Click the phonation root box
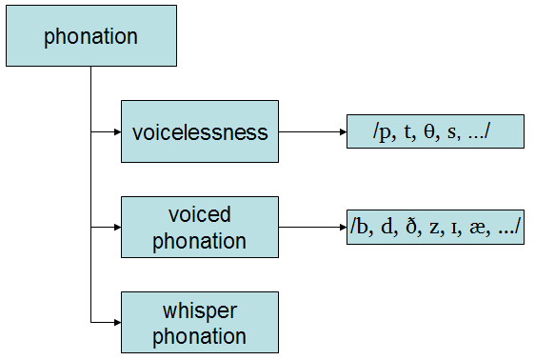point(90,37)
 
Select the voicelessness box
point(200,131)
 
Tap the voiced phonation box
point(200,228)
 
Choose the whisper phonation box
point(200,323)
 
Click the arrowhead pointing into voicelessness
point(116,131)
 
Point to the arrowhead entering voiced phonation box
point(116,228)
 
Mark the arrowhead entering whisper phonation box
point(116,323)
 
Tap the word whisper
point(200,311)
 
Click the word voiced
point(200,215)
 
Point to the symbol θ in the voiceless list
point(424,131)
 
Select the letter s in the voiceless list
point(447,132)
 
